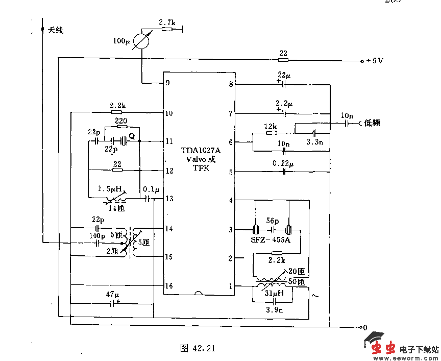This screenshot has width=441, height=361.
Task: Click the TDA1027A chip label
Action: [x=201, y=151]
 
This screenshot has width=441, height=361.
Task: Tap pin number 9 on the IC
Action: [x=168, y=83]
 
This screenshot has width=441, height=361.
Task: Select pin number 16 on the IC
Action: [x=168, y=285]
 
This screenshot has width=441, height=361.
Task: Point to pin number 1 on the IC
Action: [x=231, y=286]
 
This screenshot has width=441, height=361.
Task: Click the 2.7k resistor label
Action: [x=167, y=22]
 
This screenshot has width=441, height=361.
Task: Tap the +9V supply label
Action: [x=375, y=61]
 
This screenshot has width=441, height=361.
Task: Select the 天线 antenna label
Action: [x=56, y=31]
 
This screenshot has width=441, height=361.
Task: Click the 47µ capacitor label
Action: [x=112, y=295]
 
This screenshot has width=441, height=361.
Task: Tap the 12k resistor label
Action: [x=271, y=126]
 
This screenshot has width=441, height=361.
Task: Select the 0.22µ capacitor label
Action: [x=283, y=164]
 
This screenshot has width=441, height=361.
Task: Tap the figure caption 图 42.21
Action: [x=198, y=349]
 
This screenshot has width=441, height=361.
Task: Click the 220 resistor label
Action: [x=121, y=121]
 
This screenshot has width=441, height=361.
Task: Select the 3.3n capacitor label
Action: [x=314, y=142]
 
